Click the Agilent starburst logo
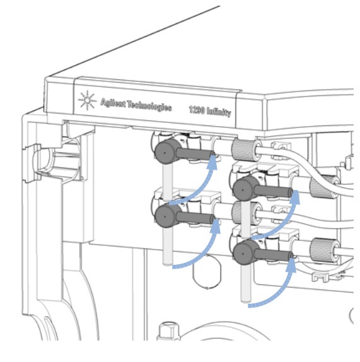click(87, 100)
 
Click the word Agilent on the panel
click(113, 103)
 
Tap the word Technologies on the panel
click(149, 107)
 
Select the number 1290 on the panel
click(197, 110)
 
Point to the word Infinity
click(219, 112)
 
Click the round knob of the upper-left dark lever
click(165, 152)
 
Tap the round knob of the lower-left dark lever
click(165, 216)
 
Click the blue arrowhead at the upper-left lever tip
click(212, 162)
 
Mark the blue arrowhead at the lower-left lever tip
click(215, 226)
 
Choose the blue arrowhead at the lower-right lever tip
click(291, 266)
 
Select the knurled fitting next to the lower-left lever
click(245, 213)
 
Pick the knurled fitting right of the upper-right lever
click(323, 187)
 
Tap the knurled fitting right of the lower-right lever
click(323, 250)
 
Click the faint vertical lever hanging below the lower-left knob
click(168, 246)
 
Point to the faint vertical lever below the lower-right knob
click(245, 283)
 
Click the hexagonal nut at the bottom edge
click(169, 330)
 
